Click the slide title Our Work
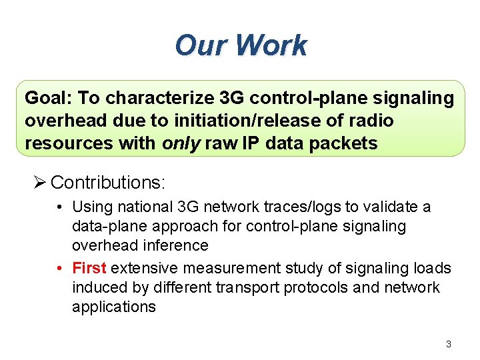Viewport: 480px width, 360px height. (x=241, y=45)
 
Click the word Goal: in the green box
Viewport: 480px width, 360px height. (x=49, y=98)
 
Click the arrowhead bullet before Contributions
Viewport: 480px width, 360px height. (x=41, y=182)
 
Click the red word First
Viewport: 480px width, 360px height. (x=89, y=268)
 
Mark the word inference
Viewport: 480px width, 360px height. (x=178, y=246)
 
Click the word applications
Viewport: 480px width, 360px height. (x=113, y=307)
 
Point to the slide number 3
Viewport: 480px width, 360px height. (x=448, y=344)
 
